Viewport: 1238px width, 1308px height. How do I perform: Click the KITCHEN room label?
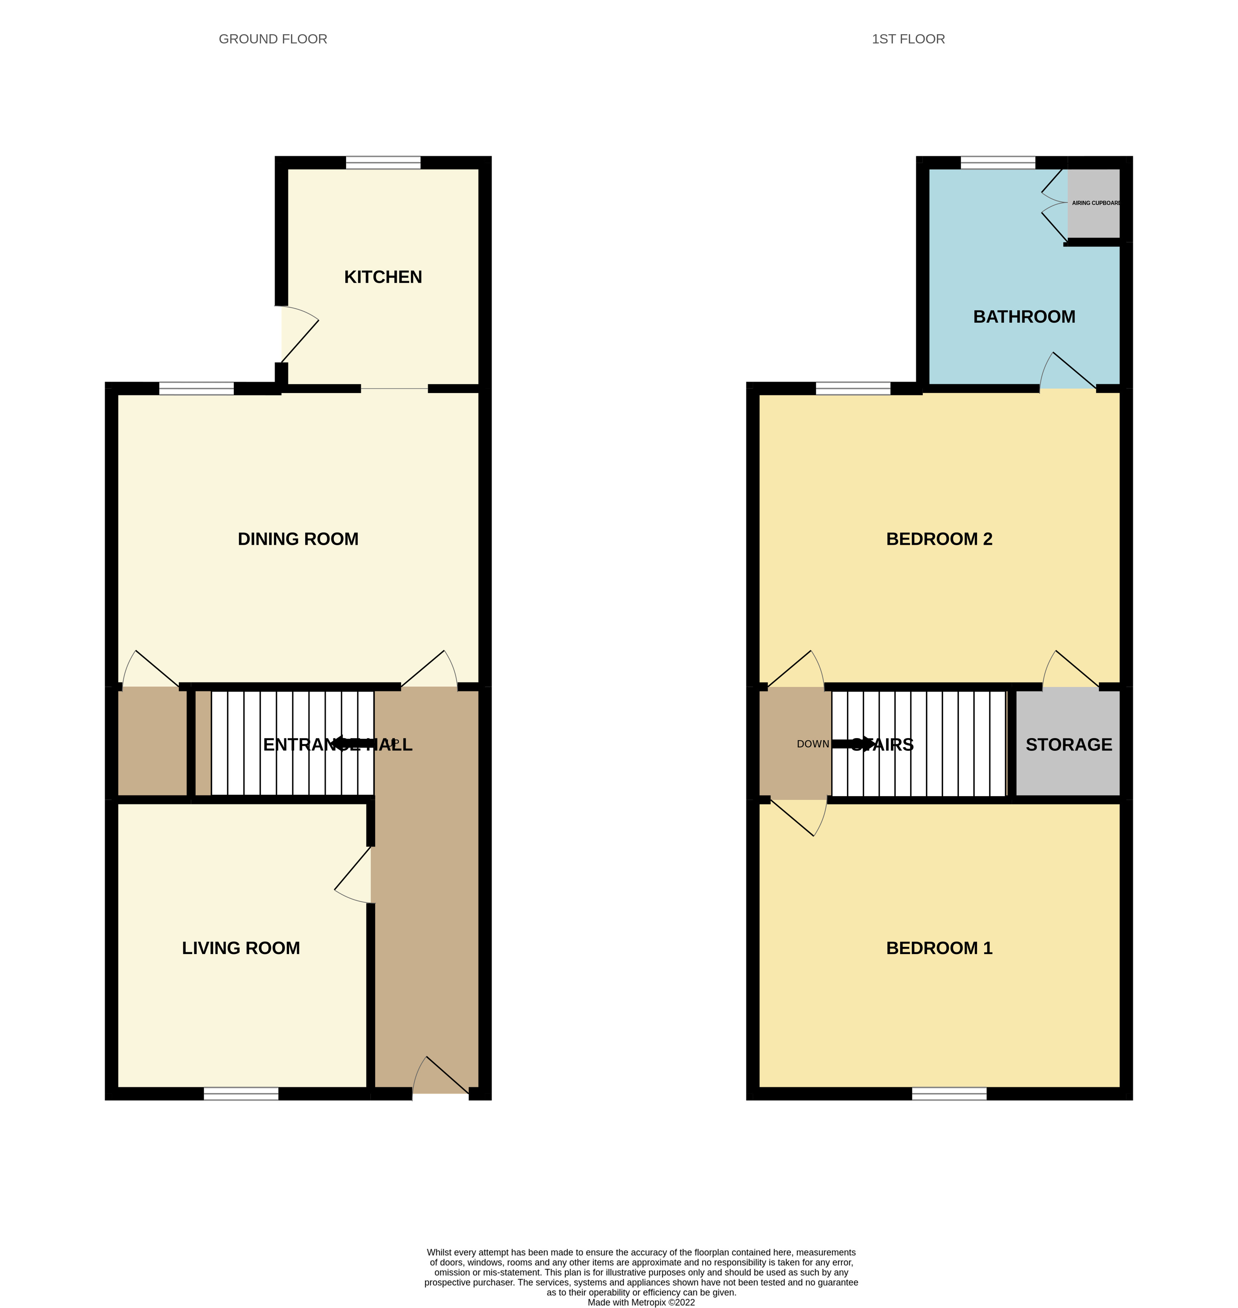click(x=383, y=277)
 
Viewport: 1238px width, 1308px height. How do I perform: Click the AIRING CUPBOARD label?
click(x=1095, y=203)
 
